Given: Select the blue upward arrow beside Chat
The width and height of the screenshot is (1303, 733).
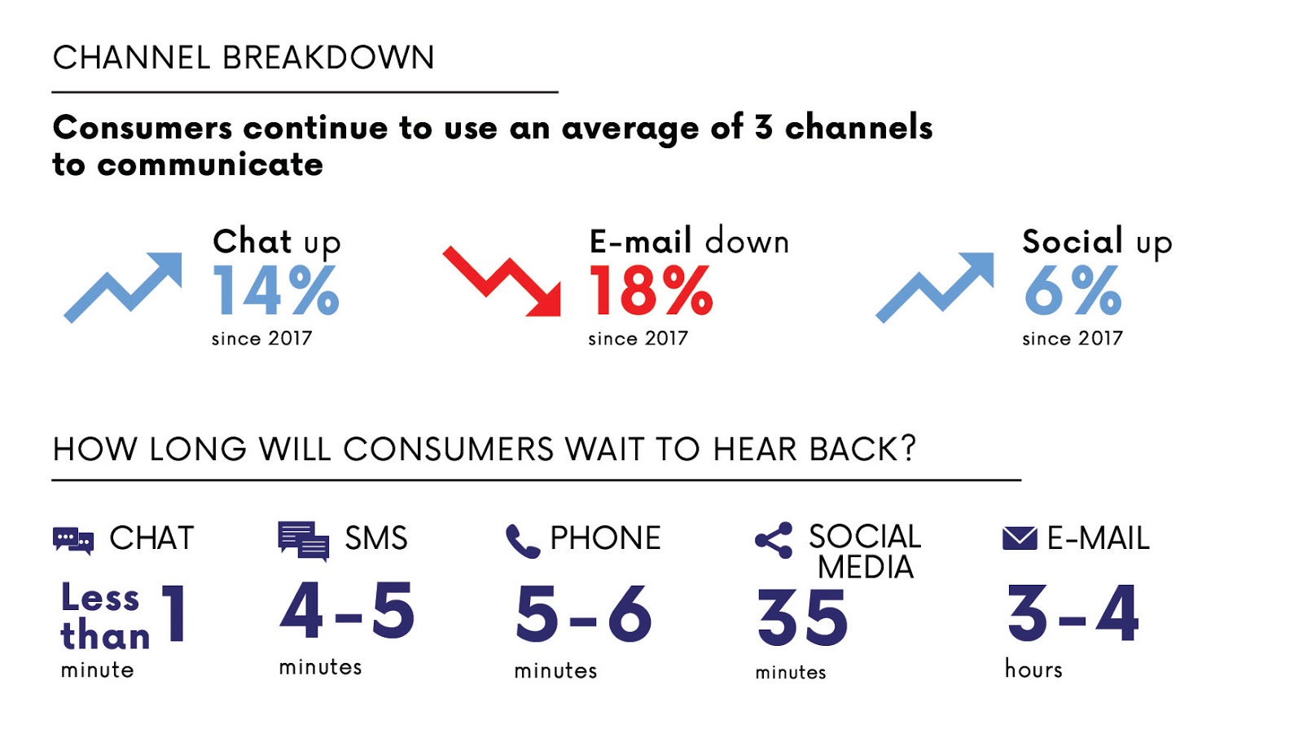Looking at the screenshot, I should point(124,287).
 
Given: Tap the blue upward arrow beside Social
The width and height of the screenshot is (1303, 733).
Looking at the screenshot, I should point(936,287).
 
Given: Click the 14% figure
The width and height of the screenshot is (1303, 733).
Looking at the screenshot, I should point(275,291).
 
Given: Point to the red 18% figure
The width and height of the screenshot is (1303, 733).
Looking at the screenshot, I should point(651,291).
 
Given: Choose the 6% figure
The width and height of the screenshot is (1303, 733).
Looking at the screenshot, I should point(1073,291).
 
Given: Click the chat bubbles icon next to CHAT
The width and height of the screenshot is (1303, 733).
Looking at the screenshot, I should point(73,540).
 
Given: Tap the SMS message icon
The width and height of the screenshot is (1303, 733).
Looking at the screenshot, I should point(303,540).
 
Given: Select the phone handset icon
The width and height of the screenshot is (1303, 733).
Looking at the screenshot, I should point(522,541).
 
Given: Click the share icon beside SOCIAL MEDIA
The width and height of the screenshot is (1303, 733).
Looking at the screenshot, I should point(774,540).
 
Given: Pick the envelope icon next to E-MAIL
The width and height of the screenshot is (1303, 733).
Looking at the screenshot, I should point(1020,538).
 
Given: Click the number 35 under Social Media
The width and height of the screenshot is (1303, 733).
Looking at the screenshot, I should point(802,618).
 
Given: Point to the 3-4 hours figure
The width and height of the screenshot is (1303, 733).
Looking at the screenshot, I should point(1073,614).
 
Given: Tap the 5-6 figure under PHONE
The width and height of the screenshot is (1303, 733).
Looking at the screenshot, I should point(583,614).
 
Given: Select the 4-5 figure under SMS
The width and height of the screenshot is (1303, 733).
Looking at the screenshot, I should point(347,611).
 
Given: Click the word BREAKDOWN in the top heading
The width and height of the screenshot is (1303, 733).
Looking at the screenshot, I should point(328,58).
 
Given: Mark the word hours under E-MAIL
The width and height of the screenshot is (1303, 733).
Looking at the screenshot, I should point(1033,669).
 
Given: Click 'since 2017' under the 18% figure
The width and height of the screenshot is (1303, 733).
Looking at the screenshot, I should point(638,339).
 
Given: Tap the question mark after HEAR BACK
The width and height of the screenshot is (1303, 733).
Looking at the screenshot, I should point(907,448).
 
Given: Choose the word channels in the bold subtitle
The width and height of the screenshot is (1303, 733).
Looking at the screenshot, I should point(858,128).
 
